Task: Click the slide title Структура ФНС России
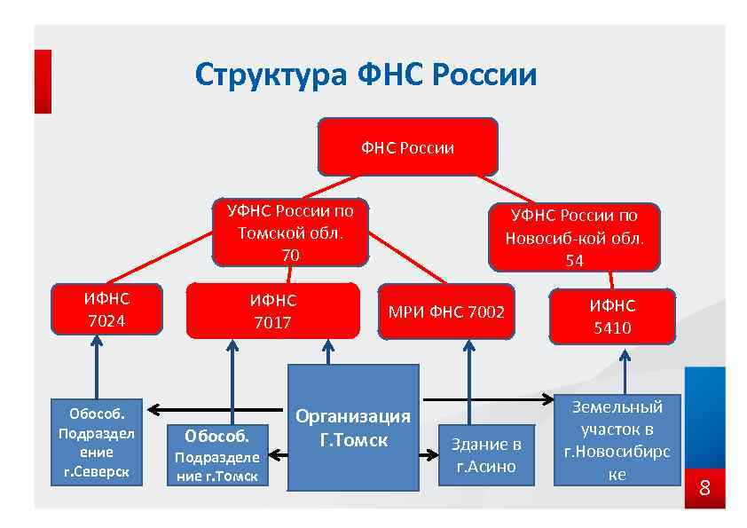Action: point(366,75)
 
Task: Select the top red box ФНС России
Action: point(407,147)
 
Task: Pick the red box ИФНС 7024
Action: point(106,309)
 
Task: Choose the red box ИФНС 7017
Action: point(272,311)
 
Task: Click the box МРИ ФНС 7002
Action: point(445,311)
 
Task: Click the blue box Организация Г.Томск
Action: point(353,428)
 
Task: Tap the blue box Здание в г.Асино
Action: point(485,455)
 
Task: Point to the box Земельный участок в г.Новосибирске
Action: point(617,440)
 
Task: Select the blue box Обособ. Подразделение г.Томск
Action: point(218,455)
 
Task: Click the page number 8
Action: point(705,487)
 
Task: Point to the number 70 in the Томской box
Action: point(290,255)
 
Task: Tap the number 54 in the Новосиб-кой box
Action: point(575,260)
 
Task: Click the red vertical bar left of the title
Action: point(43,81)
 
